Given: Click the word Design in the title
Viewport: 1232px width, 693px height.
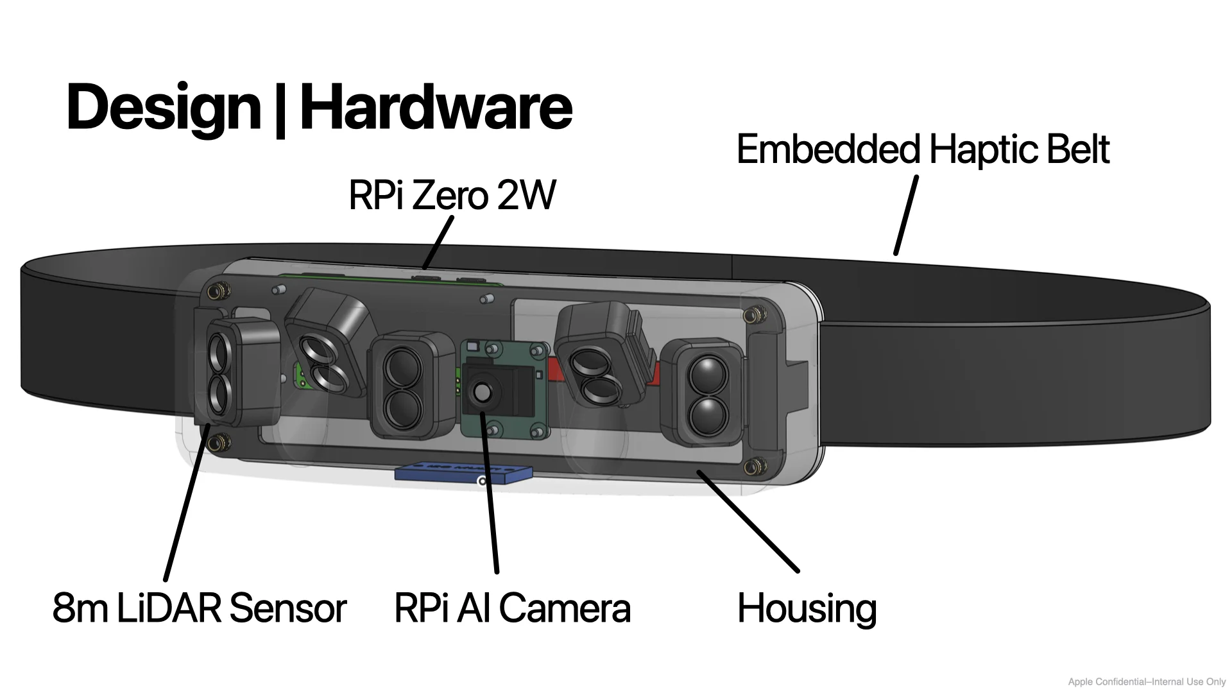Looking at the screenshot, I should [163, 108].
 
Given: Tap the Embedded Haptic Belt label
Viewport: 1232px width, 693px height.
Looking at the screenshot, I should [923, 150].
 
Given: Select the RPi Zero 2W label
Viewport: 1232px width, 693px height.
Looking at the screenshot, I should [452, 195].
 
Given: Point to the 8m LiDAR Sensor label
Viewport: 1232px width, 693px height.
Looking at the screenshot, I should [199, 608].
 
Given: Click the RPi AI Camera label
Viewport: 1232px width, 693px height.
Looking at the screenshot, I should [512, 608].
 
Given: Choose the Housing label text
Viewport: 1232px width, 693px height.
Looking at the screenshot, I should [807, 608].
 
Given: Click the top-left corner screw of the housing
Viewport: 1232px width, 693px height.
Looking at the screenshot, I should [220, 291].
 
